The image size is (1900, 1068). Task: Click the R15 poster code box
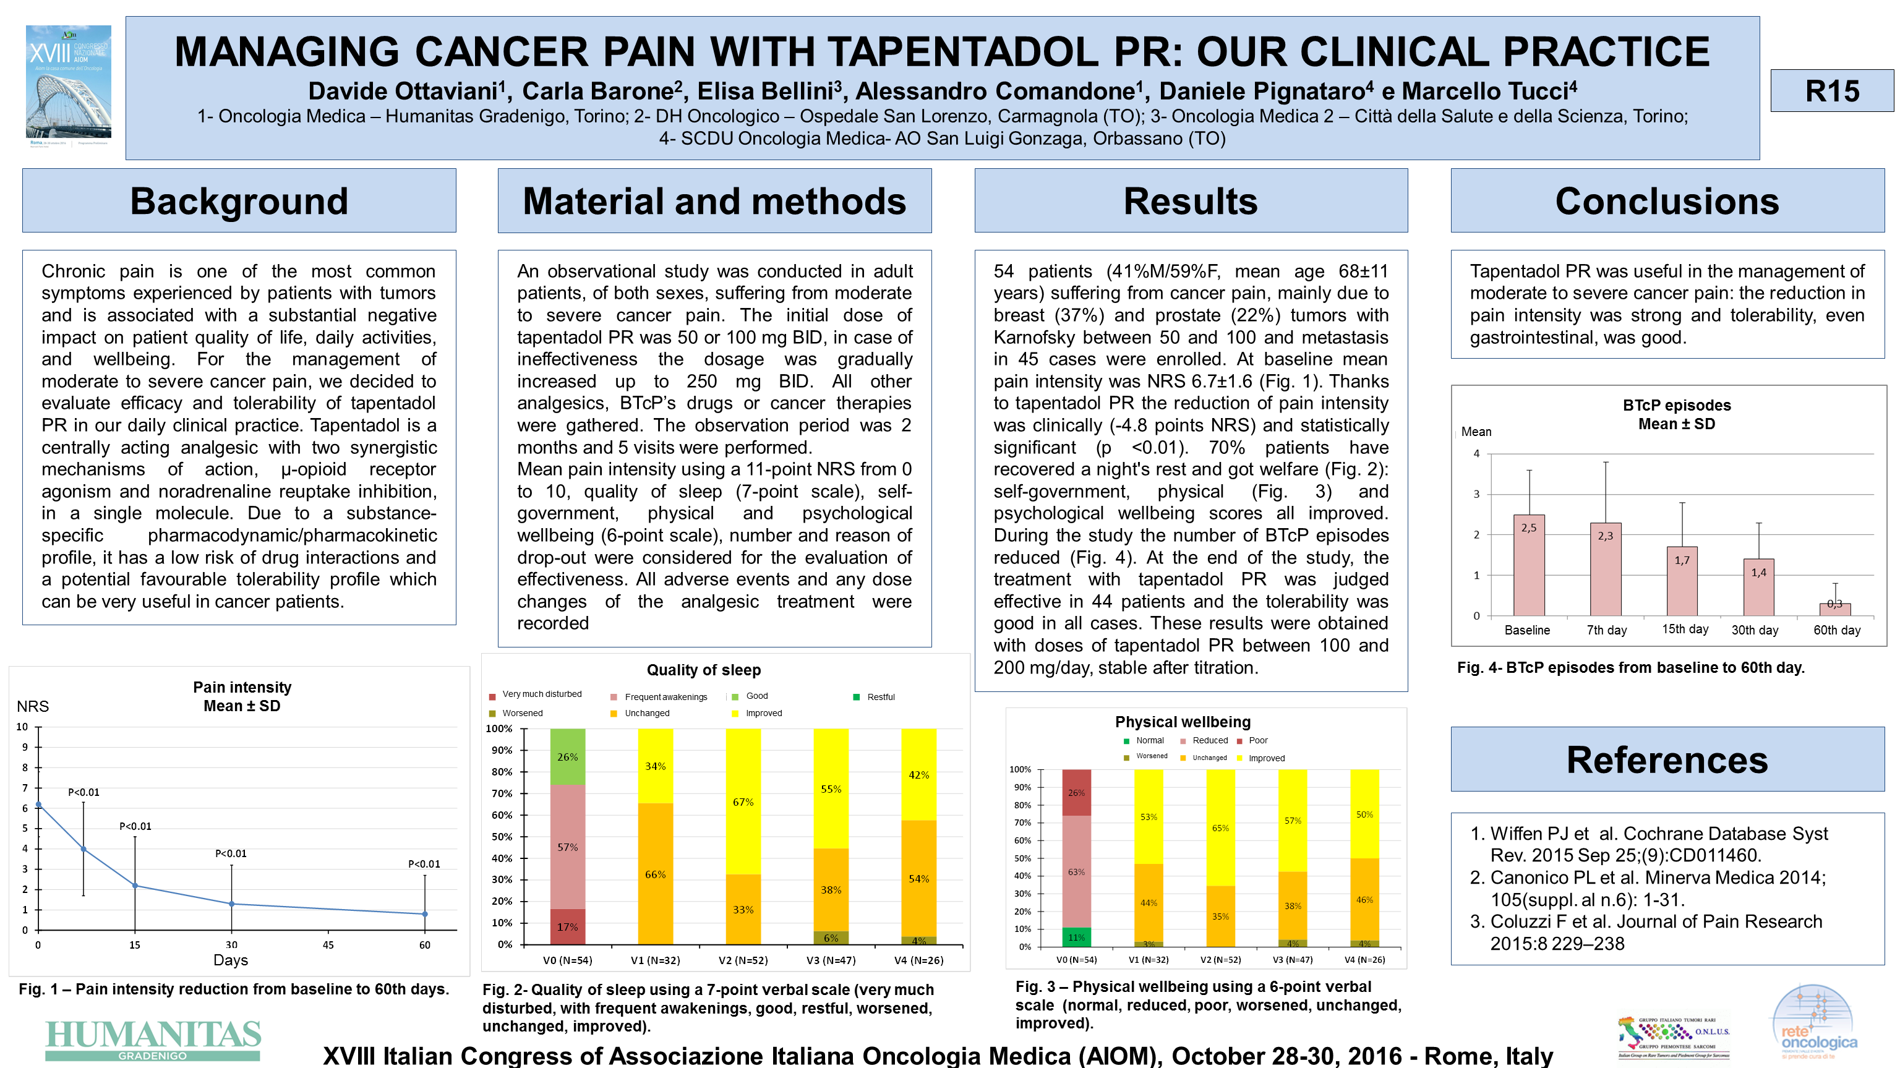[x=1831, y=91]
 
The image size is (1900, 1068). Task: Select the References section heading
[x=1667, y=759]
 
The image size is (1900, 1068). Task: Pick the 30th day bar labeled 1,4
[x=1758, y=587]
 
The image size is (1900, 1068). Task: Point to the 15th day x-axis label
[x=1685, y=629]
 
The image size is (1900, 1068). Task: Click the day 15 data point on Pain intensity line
[x=135, y=885]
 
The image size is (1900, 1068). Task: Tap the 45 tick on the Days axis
[x=328, y=945]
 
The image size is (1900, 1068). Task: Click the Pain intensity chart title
[x=242, y=696]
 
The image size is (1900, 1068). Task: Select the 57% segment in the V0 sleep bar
[x=568, y=847]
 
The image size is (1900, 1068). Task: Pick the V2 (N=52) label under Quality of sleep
[x=743, y=960]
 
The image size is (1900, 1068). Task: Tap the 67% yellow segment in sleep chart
[x=743, y=801]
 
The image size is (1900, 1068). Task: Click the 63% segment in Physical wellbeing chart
[x=1076, y=871]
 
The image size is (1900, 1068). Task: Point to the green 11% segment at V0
[x=1076, y=938]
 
